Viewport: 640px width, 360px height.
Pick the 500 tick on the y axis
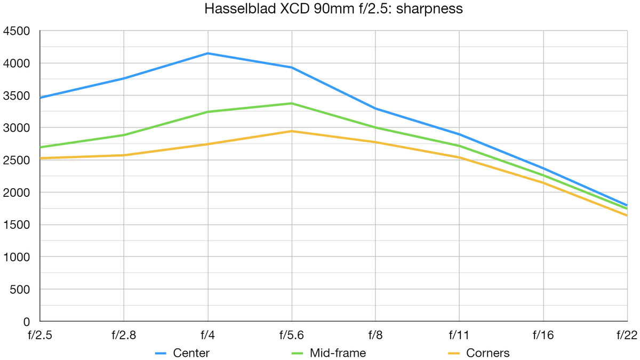(20, 289)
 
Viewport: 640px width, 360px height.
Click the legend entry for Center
(191, 353)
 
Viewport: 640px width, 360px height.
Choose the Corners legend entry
(487, 353)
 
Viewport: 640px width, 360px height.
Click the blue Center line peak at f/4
(207, 53)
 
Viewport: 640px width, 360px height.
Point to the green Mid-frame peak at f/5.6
(292, 103)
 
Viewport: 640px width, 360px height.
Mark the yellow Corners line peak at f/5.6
(292, 131)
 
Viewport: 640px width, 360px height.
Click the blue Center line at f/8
(375, 109)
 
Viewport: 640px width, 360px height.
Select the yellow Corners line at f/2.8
(124, 155)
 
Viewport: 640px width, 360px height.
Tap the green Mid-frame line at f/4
(207, 112)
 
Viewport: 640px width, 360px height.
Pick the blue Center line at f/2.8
(124, 78)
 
